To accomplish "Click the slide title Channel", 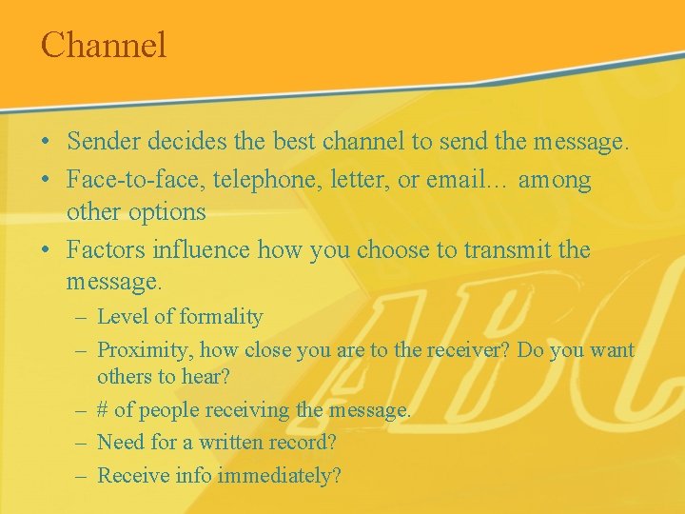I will pyautogui.click(x=104, y=45).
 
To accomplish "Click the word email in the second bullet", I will pyautogui.click(x=449, y=180).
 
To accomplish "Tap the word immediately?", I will pyautogui.click(x=279, y=475).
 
